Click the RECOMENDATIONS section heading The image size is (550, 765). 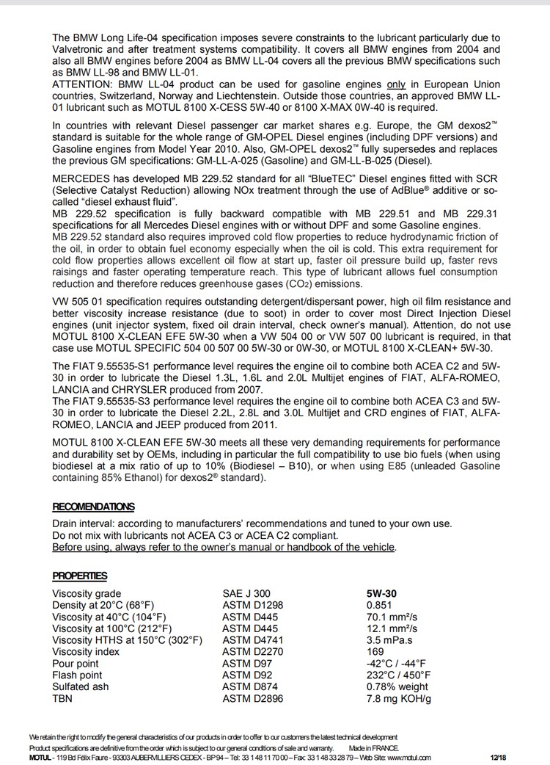[x=93, y=507]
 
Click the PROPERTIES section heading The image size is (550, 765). [x=79, y=576]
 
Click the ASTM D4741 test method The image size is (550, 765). [x=250, y=640]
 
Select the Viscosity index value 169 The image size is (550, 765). [x=375, y=652]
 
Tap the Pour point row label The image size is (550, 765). [x=76, y=664]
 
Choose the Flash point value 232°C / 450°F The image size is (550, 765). [x=399, y=675]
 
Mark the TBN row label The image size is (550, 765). [x=62, y=699]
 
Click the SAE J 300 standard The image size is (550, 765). [x=246, y=593]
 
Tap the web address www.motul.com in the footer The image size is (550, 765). [x=406, y=757]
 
